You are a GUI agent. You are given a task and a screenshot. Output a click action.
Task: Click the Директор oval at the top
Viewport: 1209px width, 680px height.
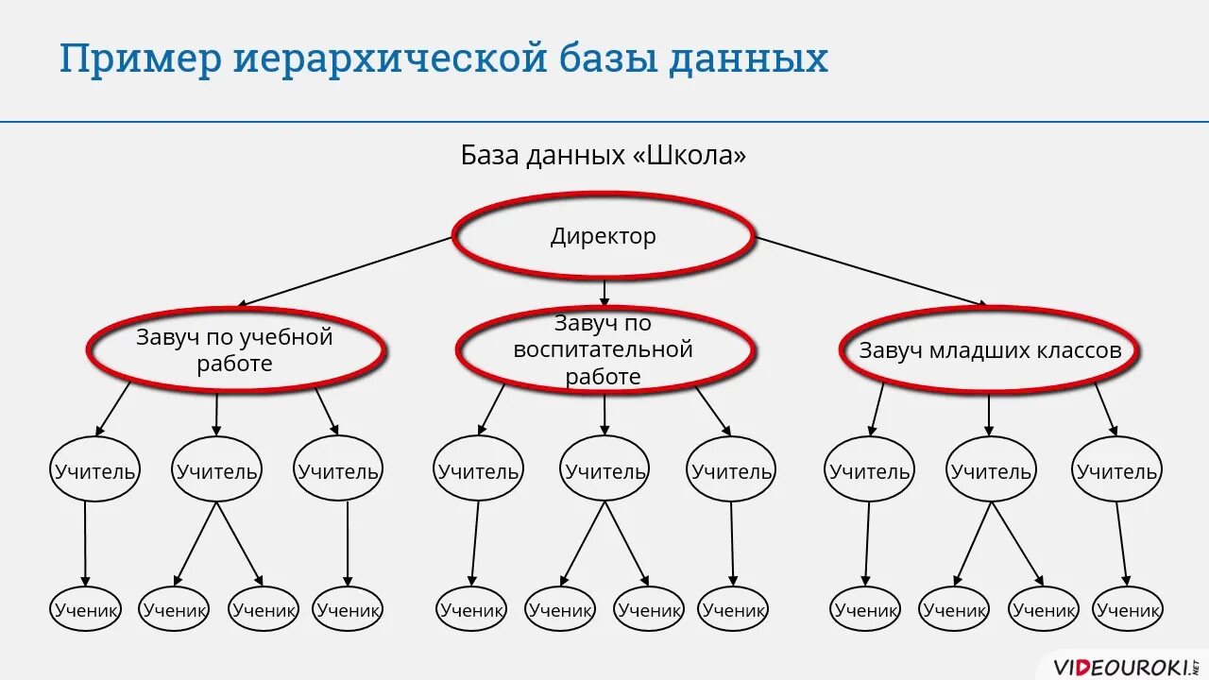point(604,236)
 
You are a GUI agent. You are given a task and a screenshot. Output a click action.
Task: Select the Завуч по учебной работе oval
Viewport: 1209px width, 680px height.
point(235,349)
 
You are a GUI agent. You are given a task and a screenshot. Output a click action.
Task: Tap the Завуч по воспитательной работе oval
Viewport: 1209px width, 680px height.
point(604,350)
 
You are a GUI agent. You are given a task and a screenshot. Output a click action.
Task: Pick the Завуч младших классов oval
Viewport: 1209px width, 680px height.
point(990,350)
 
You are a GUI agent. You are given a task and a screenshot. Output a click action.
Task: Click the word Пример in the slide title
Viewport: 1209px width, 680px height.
point(140,59)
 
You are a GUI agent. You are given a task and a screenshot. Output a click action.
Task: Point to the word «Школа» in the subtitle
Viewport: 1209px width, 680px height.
point(690,155)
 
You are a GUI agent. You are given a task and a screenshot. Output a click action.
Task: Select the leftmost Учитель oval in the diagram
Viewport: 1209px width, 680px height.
point(94,469)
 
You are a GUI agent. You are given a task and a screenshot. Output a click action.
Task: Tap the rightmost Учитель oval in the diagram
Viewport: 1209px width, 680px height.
point(1116,469)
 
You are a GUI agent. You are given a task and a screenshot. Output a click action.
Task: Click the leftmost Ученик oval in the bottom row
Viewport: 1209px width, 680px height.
point(85,609)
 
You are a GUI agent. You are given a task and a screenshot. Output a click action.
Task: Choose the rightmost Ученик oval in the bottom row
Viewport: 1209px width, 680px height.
point(1128,609)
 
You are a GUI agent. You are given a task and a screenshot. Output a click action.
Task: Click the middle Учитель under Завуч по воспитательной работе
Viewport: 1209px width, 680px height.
point(604,469)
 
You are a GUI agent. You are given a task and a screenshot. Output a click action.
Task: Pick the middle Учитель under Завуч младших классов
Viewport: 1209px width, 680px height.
point(991,469)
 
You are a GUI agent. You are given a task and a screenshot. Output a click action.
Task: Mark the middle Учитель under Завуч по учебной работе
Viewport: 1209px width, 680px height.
point(216,469)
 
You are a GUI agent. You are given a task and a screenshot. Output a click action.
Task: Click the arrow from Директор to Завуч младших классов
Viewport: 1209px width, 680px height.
point(869,271)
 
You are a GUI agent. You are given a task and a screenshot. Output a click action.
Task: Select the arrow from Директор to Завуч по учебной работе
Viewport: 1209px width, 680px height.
point(345,271)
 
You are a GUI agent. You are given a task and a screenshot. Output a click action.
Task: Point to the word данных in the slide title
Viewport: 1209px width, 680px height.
point(748,59)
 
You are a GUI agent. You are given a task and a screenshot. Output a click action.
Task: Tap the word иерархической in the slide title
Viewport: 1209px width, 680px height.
point(390,59)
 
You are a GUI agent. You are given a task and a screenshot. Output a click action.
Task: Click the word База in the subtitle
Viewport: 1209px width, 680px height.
point(489,155)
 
